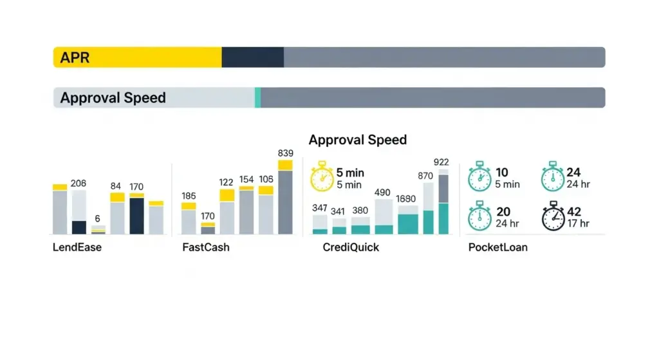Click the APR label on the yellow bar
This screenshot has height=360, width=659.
[x=75, y=58]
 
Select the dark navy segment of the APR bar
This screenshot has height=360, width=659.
[x=252, y=57]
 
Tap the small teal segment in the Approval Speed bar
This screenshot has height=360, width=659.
[x=257, y=98]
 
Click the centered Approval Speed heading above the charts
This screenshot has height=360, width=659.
[x=357, y=140]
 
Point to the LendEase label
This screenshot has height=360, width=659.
[x=77, y=247]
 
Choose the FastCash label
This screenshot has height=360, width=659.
[x=206, y=247]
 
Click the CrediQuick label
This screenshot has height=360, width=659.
[x=351, y=247]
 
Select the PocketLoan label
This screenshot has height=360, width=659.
[x=498, y=247]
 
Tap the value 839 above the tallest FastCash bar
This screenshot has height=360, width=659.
[x=286, y=153]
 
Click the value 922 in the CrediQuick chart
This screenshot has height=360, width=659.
[x=441, y=162]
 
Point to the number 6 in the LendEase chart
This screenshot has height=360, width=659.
[x=97, y=218]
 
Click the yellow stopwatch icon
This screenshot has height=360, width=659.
[x=321, y=177]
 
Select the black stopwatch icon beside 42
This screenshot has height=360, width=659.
[x=553, y=218]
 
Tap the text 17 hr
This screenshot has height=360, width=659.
[x=579, y=224]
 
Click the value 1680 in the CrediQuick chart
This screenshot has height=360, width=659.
[x=407, y=199]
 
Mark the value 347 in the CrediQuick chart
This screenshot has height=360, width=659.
[x=320, y=208]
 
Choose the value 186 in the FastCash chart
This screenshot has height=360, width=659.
[x=189, y=196]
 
